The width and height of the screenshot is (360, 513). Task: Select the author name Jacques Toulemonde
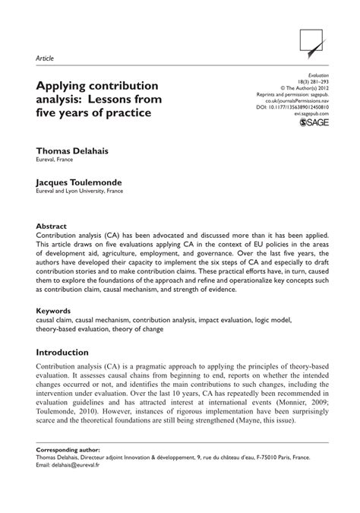pos(83,182)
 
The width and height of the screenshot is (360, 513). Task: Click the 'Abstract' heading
pos(52,226)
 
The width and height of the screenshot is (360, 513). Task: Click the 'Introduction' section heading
pos(68,353)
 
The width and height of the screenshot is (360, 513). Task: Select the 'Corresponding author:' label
pos(68,470)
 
